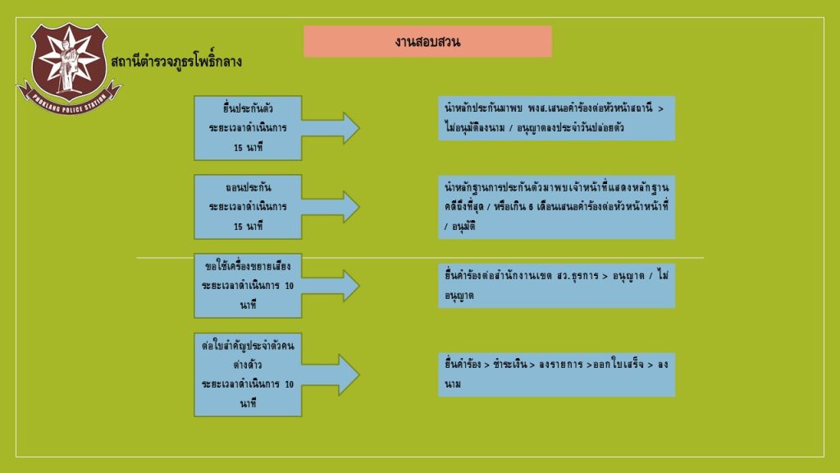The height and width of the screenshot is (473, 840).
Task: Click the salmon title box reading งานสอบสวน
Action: [427, 41]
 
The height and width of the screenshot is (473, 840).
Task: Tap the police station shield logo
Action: [69, 67]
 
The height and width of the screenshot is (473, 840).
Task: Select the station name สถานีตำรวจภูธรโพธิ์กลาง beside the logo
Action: [176, 61]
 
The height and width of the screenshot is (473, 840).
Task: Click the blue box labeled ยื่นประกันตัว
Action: [248, 128]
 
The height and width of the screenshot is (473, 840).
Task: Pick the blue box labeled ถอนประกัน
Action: [248, 207]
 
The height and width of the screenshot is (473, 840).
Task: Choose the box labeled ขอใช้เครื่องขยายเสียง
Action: [248, 286]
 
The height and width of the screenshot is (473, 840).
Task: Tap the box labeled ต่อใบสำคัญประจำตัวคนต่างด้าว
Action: [248, 374]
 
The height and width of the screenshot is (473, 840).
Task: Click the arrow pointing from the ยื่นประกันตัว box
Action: [331, 128]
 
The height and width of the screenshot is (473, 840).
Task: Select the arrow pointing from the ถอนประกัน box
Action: [331, 207]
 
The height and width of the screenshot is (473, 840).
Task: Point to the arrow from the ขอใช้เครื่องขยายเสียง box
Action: [331, 286]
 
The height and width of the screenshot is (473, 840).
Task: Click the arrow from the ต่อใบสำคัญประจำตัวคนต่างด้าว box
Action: [331, 374]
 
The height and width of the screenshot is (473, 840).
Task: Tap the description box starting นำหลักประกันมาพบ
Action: [557, 118]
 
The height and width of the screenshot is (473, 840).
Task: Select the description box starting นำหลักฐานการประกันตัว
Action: [557, 207]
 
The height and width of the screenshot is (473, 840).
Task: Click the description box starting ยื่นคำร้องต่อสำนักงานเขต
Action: [557, 286]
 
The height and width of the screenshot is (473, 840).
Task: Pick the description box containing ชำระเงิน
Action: [557, 374]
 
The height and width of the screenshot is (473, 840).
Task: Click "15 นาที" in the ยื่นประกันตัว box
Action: [248, 148]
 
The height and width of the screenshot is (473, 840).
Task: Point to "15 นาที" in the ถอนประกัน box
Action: [248, 227]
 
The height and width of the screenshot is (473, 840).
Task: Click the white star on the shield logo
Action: [69, 58]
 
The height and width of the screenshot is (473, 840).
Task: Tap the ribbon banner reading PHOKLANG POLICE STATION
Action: [69, 100]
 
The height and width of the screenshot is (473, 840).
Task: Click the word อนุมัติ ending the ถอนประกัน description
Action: [463, 227]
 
